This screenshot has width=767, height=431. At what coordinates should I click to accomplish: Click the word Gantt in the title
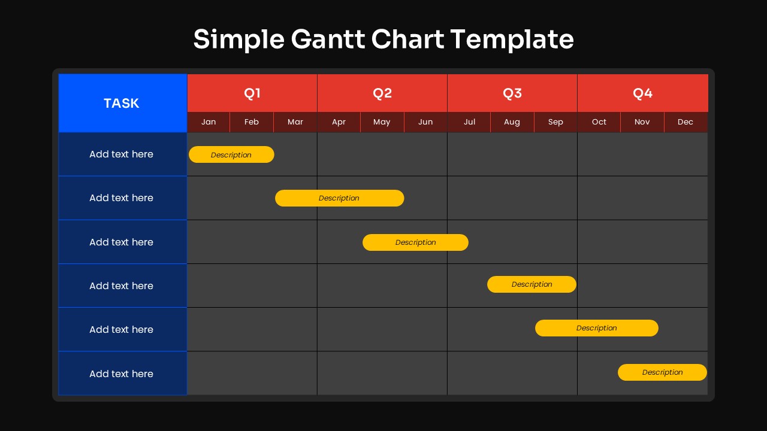(328, 40)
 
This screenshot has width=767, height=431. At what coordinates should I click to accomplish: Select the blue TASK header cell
(122, 103)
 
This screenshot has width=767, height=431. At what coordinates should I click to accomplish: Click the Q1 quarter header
(252, 93)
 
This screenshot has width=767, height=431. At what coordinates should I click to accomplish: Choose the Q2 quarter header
(382, 93)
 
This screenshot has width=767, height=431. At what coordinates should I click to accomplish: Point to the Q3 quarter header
(512, 93)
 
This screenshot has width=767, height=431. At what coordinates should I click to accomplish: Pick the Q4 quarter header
(642, 93)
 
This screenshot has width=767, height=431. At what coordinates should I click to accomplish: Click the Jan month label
(209, 122)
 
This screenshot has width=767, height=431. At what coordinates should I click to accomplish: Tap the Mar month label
(295, 122)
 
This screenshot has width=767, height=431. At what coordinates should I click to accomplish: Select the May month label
(382, 122)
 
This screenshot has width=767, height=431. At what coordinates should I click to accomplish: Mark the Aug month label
(512, 122)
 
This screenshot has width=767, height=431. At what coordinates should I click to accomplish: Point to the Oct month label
(599, 122)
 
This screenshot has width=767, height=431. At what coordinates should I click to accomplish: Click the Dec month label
(686, 122)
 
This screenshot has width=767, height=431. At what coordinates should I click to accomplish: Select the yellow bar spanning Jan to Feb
(231, 154)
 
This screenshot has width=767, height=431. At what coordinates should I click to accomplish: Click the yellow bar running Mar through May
(339, 198)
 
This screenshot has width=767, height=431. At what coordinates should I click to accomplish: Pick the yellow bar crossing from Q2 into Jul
(415, 242)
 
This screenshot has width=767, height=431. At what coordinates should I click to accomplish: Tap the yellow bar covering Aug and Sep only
(532, 284)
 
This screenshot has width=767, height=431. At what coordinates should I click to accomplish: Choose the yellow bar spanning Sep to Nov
(596, 328)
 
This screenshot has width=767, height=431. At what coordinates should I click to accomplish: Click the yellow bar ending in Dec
(662, 372)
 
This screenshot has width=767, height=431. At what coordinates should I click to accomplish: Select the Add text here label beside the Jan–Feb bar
(122, 154)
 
